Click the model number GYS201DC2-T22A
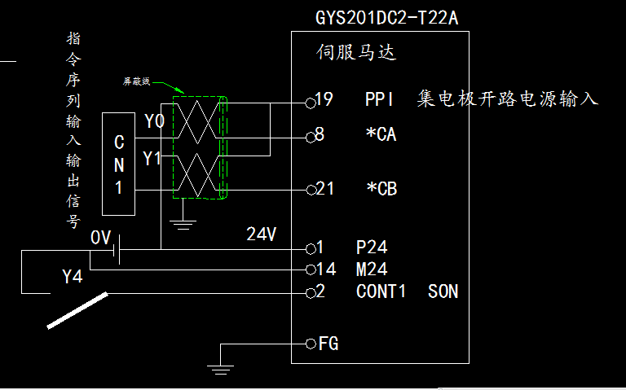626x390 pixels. click(392, 17)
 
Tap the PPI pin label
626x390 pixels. click(380, 100)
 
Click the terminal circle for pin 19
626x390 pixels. click(310, 102)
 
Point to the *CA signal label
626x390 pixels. click(381, 135)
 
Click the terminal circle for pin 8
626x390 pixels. click(310, 137)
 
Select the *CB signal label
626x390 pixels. click(381, 189)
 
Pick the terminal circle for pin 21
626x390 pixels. click(310, 191)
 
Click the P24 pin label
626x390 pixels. click(372, 247)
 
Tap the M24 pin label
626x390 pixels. click(372, 269)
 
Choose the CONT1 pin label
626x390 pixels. click(381, 291)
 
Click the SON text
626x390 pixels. click(443, 291)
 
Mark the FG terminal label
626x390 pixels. click(328, 344)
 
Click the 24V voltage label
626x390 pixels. click(262, 234)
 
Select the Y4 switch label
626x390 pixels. click(73, 278)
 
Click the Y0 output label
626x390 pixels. click(154, 122)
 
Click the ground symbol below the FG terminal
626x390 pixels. click(218, 368)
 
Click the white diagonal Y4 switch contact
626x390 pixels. click(77, 311)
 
